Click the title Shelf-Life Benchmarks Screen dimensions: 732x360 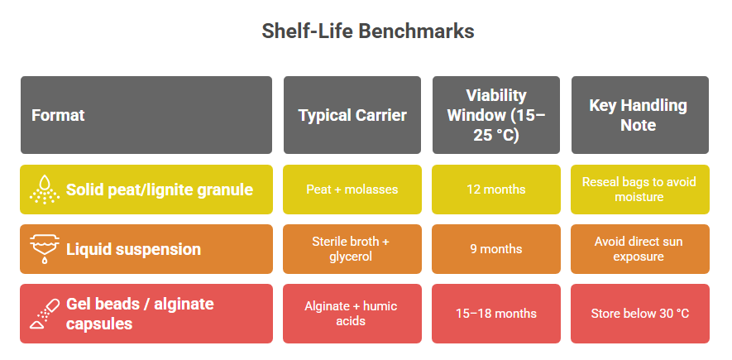point(368,31)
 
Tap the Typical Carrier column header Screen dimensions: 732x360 point(352,115)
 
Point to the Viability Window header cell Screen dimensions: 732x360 point(495,115)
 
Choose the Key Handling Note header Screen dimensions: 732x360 point(639,115)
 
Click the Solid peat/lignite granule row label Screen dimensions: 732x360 point(160,190)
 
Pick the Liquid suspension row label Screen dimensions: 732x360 point(133,249)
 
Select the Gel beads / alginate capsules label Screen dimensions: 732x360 point(140,314)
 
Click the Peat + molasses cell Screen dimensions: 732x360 point(352,190)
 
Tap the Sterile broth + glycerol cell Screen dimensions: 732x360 point(352,249)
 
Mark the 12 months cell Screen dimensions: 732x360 point(495,190)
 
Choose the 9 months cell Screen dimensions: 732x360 point(495,249)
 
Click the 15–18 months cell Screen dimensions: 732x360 point(495,314)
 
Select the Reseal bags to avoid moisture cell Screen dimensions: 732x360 point(639,190)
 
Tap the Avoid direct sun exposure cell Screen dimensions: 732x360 point(639,249)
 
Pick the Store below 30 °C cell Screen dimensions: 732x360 point(640,314)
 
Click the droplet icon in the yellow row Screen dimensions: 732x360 point(45,190)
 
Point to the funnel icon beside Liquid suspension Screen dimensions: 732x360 point(45,249)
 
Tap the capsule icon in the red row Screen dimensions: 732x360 point(45,314)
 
